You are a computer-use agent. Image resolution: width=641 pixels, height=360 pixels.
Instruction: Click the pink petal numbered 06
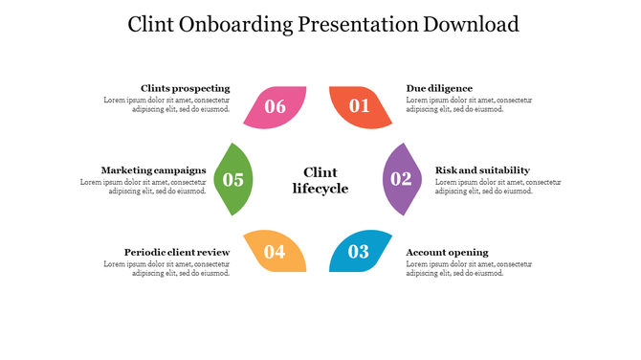click(276, 106)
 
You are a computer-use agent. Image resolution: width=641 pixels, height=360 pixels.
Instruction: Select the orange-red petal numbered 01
click(359, 106)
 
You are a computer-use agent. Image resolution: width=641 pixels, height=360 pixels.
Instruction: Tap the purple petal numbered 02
click(402, 179)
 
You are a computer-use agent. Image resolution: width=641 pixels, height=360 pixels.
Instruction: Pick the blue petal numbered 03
click(359, 252)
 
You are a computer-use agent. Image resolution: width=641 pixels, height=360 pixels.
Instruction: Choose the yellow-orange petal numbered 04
click(276, 252)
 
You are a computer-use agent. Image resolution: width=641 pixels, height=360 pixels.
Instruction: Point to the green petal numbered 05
click(233, 179)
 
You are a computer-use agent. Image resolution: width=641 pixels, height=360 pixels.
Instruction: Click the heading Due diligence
click(439, 88)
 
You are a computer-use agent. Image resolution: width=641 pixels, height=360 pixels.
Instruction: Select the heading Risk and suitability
click(482, 170)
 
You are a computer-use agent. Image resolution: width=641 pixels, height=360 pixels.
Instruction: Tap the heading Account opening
click(447, 252)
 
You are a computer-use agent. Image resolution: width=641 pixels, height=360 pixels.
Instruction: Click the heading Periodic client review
click(177, 252)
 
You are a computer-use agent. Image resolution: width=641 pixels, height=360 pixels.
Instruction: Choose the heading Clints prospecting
click(185, 88)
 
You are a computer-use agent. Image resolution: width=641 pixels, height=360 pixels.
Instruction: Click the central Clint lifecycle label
click(320, 180)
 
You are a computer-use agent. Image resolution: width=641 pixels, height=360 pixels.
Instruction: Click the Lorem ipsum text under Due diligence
click(469, 104)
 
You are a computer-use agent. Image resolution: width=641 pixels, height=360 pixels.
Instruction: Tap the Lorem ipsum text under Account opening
click(469, 268)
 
